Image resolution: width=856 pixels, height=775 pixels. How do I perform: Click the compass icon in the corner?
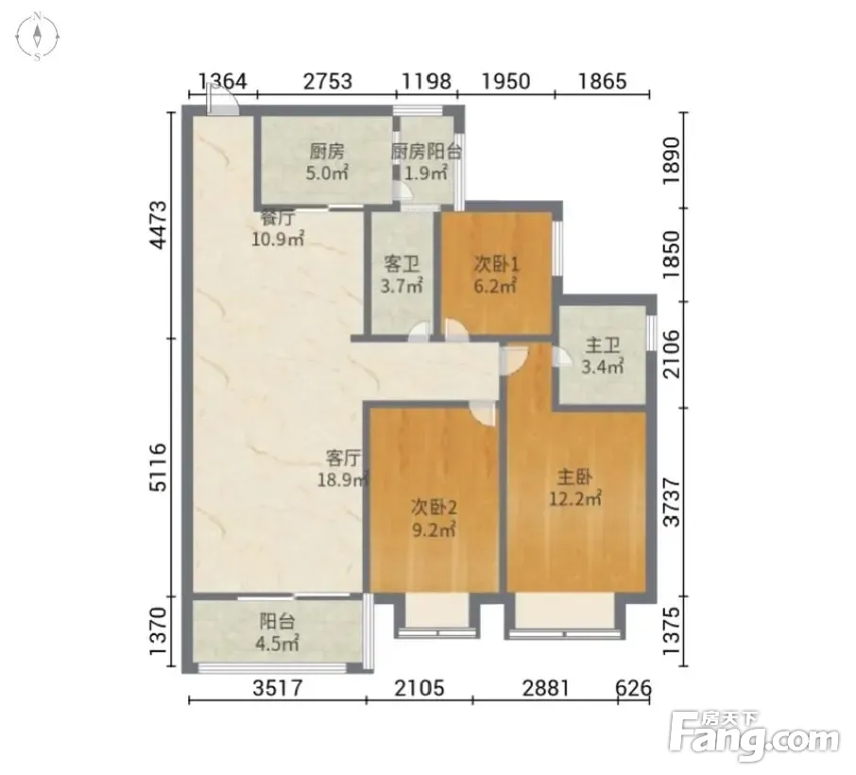(37, 37)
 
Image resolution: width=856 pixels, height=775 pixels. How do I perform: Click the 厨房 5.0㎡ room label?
(327, 162)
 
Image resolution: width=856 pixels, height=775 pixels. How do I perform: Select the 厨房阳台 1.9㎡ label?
(426, 162)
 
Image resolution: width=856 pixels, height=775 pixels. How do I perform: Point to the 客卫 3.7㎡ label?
(402, 275)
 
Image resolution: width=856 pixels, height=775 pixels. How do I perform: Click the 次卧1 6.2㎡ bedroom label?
(496, 275)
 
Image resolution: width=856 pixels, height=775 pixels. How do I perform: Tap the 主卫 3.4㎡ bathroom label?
(603, 356)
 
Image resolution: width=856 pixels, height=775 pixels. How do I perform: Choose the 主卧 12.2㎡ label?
(574, 488)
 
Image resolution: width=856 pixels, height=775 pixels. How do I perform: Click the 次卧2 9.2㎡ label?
(434, 518)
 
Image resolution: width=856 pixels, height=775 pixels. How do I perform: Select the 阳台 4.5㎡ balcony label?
(277, 632)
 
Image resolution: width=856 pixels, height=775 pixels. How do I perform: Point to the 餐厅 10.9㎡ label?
(278, 228)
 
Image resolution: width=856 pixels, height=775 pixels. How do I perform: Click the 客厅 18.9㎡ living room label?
(343, 468)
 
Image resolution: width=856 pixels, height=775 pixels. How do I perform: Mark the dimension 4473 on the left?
(159, 225)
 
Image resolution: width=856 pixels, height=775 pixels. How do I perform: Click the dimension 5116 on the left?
(159, 467)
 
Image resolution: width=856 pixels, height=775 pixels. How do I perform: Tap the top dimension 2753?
(328, 81)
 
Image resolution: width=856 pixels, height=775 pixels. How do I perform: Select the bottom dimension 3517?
(278, 688)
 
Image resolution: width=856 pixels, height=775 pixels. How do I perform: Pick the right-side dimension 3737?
(672, 502)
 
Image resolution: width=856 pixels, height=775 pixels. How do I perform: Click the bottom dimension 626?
(633, 688)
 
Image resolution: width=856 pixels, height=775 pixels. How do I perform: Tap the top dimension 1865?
(603, 81)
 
